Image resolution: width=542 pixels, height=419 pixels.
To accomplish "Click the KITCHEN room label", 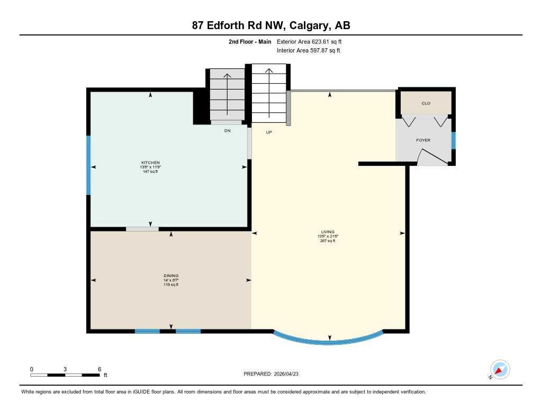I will pos(150,163).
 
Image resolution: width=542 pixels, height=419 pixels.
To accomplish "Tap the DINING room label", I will pos(171,275).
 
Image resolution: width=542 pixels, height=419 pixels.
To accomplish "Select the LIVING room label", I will pos(328,231).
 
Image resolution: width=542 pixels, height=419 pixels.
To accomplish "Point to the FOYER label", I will pos(423,140).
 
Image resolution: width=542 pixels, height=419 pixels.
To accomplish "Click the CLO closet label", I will pos(426,103).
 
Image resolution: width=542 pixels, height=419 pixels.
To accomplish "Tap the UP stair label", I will pos(269,132).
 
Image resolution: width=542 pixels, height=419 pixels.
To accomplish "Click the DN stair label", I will pos(227,130).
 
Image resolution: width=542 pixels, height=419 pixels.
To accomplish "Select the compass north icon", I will pos(500,369).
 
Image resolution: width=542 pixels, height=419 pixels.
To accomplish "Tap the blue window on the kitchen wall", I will pos(88,165).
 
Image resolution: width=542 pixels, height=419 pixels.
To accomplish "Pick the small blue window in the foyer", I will pos(453,141).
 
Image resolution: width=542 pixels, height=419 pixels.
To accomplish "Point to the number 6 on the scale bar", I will pos(99,369).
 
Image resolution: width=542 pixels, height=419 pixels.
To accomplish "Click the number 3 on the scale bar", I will pos(65,369).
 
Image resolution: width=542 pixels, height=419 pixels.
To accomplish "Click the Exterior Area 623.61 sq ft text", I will pos(313,41).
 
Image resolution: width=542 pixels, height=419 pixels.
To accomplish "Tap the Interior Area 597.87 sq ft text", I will pos(309,51).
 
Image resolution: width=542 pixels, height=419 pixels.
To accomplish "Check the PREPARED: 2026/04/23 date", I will pos(275,374).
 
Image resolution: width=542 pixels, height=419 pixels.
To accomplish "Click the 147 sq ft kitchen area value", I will pos(150,172).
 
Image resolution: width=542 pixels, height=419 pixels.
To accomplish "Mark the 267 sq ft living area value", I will pos(328,240).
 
